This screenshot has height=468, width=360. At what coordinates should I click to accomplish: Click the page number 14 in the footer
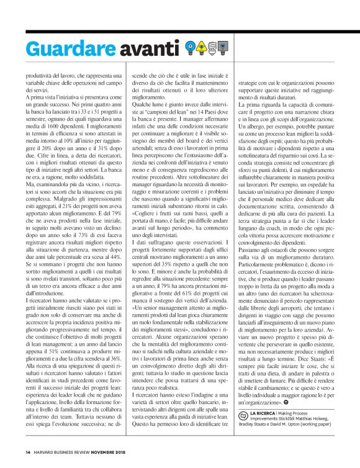[28, 452]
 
